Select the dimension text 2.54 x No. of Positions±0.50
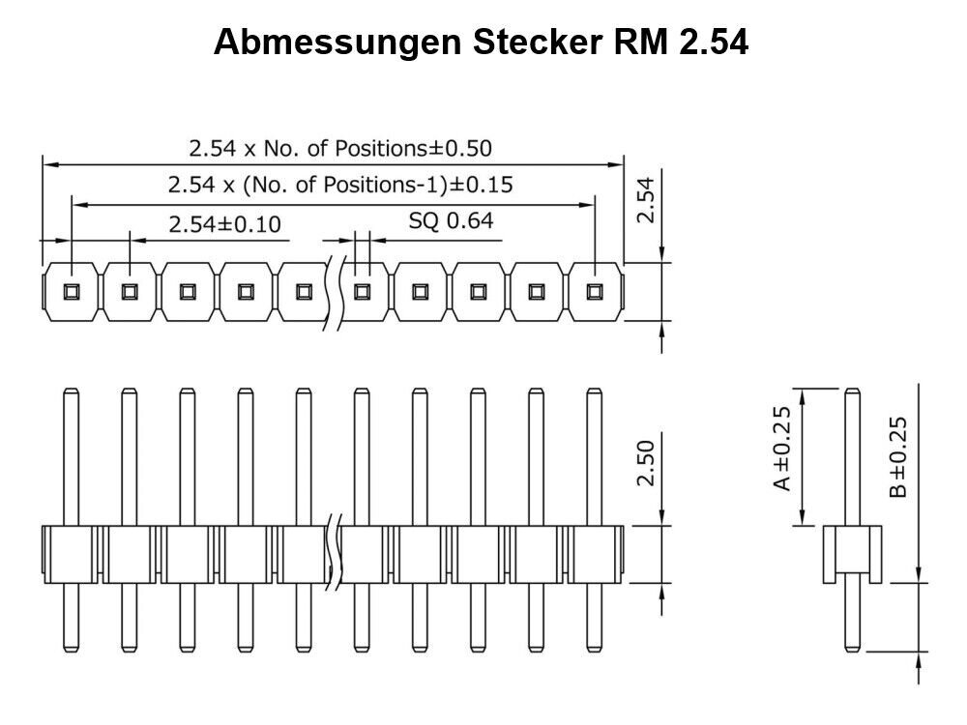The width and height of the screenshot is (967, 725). click(340, 149)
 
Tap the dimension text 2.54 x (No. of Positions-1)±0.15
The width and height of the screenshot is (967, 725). click(340, 185)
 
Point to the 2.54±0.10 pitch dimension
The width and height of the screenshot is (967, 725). click(224, 225)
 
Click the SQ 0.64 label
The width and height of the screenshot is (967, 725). click(451, 221)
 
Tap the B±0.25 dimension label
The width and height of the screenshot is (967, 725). click(898, 456)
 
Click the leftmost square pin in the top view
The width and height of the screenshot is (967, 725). click(72, 291)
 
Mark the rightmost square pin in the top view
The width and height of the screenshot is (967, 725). click(595, 291)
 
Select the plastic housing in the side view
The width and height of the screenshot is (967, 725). click(853, 553)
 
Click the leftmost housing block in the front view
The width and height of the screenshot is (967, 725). click(71, 554)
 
